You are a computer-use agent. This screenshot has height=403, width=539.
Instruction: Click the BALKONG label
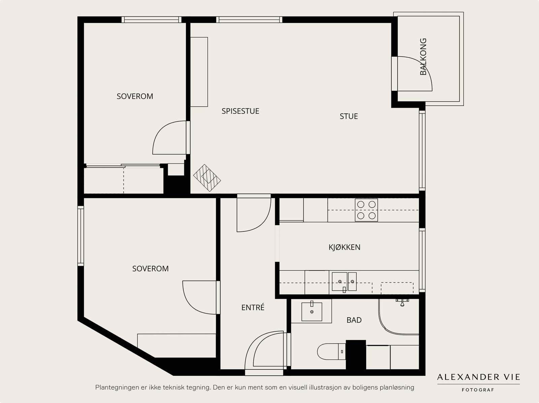(423, 57)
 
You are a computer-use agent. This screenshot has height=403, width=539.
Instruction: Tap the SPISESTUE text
(241, 111)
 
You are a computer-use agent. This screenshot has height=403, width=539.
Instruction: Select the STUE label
(349, 116)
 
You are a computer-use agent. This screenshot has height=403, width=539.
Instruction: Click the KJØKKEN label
(345, 247)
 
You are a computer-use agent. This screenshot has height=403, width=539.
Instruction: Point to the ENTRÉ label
(253, 307)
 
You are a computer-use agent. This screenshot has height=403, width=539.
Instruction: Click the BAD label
(354, 320)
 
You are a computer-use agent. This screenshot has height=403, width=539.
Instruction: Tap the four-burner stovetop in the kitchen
(367, 210)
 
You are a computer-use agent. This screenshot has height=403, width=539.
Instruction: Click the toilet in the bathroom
(331, 352)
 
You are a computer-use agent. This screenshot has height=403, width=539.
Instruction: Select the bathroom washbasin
(312, 312)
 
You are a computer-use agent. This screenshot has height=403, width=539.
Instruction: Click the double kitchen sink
(344, 282)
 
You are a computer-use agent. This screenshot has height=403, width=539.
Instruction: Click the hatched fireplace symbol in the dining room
(207, 178)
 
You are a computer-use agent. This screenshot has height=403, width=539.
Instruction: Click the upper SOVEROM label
(135, 96)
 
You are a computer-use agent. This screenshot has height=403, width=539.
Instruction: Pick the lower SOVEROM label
(151, 269)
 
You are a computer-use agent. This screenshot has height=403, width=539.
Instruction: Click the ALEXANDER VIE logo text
(478, 377)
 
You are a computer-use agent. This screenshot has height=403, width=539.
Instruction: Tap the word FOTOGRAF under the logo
(478, 390)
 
